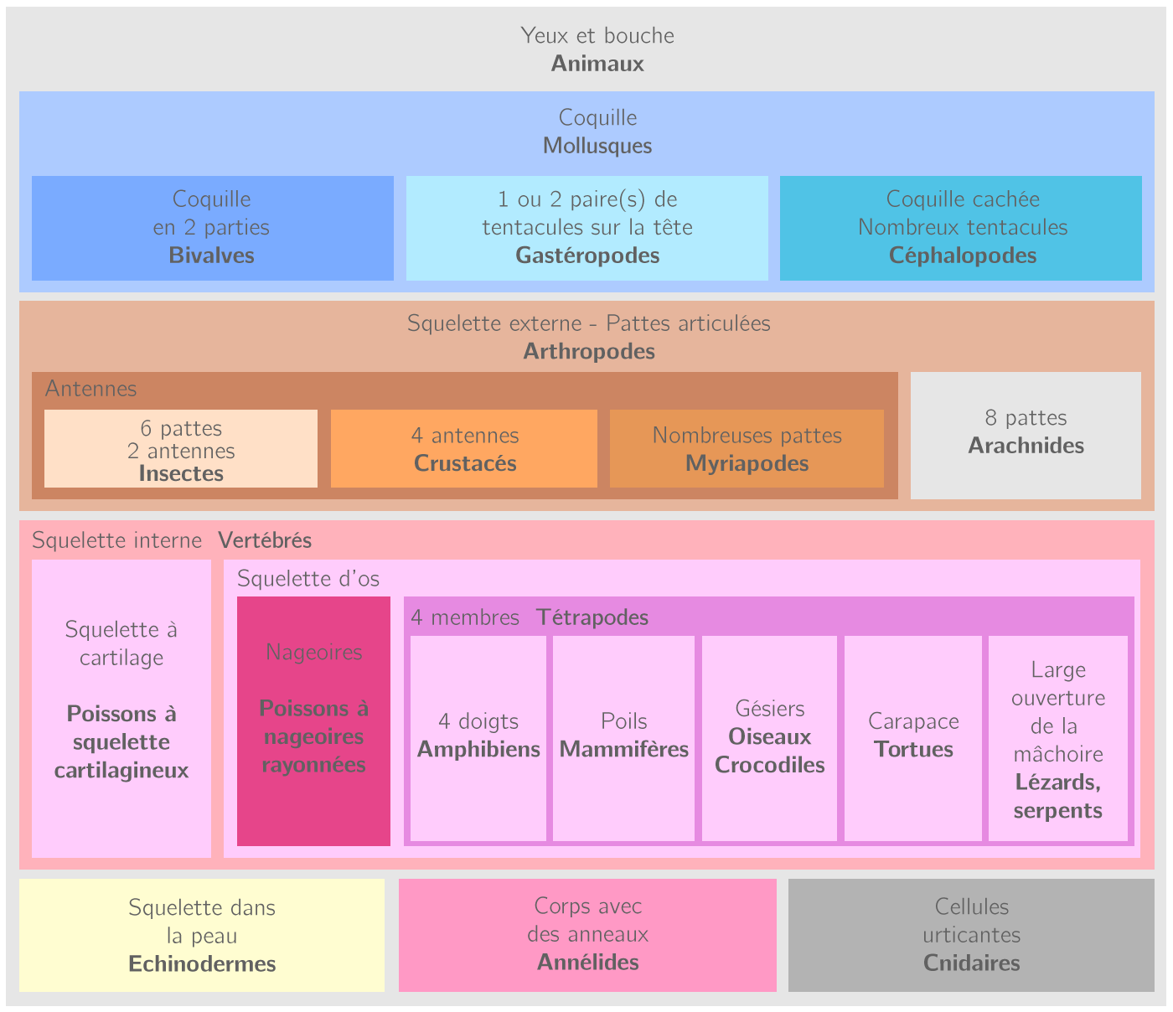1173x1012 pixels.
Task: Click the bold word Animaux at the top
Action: point(597,64)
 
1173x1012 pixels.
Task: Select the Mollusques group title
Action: point(597,146)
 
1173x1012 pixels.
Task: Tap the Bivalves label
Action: point(212,256)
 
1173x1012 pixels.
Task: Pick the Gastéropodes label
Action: point(587,256)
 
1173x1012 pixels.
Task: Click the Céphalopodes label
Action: point(963,256)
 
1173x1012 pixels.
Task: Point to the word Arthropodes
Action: point(589,352)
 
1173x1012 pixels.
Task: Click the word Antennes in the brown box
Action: point(90,389)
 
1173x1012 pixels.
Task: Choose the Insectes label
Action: point(181,474)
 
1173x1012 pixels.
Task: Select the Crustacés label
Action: point(465,464)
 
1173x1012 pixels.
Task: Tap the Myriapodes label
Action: point(747,464)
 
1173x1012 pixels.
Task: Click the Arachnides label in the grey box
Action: point(1026,446)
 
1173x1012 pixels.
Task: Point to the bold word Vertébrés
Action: point(265,541)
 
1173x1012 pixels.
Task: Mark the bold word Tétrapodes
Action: point(592,618)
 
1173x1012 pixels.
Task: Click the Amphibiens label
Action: point(478,750)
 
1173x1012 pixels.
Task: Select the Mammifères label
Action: point(624,750)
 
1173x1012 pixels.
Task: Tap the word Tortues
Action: point(913,750)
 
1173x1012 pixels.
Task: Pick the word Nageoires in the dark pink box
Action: point(314,652)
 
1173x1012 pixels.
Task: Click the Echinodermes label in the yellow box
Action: point(202,964)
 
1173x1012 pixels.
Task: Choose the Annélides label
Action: point(587,963)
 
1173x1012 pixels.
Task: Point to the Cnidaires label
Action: point(971,963)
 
